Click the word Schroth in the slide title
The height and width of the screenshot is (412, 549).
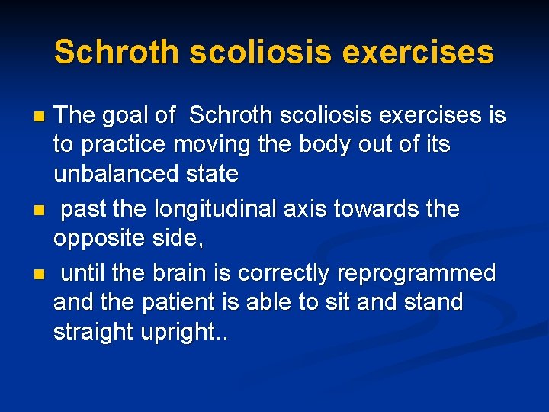pyautogui.click(x=117, y=53)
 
